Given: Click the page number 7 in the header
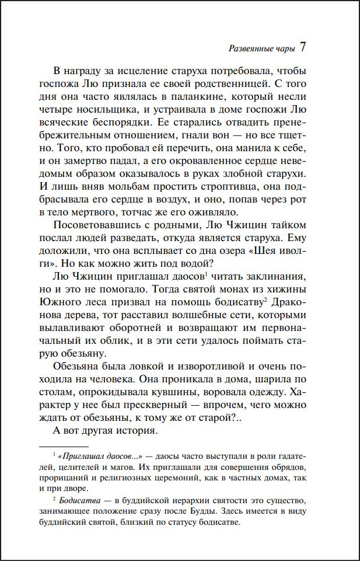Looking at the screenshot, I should [302, 47].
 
